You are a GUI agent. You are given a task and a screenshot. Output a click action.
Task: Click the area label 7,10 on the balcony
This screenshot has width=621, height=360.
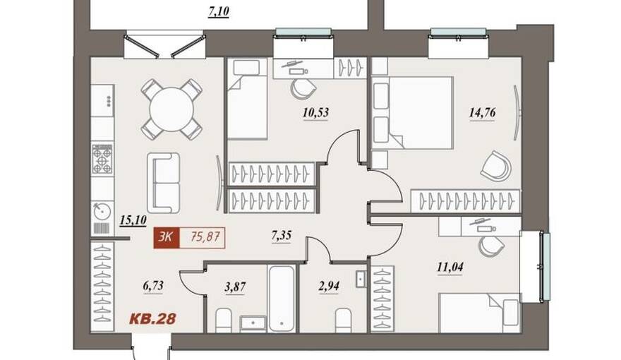[x=219, y=11]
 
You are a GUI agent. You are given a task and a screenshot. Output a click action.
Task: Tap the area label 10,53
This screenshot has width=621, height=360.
[x=315, y=113]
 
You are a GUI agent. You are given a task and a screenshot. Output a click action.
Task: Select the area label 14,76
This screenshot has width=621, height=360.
[x=482, y=113]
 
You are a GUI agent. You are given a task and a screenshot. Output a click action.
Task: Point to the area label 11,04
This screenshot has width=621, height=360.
[x=450, y=268]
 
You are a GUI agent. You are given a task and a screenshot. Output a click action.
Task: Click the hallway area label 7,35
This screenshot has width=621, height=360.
[x=281, y=236]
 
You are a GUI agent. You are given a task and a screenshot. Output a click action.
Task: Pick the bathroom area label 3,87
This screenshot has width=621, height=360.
[x=235, y=287]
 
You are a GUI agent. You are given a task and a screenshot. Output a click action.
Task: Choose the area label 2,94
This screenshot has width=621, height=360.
[x=329, y=286]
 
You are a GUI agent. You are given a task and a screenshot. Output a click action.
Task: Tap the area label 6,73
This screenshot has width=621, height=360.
[x=153, y=286]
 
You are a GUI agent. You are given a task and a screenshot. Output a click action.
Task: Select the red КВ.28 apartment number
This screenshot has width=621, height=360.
[x=153, y=319]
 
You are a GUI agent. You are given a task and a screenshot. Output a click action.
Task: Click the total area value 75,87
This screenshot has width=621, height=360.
[x=205, y=237]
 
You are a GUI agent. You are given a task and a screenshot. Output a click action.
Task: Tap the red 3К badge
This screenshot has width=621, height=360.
[x=167, y=238]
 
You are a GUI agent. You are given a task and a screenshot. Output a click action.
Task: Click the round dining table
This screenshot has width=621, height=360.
[x=172, y=109]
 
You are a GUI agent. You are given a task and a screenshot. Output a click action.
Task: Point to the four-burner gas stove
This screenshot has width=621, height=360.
[x=102, y=160]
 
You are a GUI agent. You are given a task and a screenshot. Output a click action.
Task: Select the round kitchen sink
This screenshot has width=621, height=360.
[x=102, y=211]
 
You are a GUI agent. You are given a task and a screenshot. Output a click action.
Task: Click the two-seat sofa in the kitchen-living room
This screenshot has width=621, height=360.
[x=164, y=183]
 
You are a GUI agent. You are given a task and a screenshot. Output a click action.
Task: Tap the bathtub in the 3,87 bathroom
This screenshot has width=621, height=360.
[x=282, y=299]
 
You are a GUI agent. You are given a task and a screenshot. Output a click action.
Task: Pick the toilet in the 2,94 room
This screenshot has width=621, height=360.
[x=343, y=320]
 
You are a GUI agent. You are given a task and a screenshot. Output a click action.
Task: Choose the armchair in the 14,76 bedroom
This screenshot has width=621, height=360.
[x=496, y=165]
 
